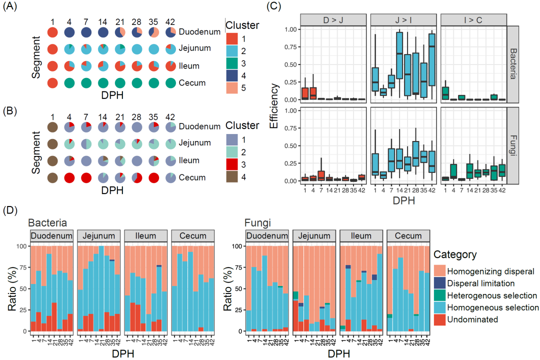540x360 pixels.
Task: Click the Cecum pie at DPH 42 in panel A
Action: [x=170, y=82]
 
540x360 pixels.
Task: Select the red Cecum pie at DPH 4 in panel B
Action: [x=69, y=177]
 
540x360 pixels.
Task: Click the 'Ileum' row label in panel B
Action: [x=189, y=160]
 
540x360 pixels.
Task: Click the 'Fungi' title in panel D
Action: [x=257, y=223]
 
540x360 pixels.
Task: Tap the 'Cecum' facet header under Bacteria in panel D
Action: [x=192, y=236]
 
